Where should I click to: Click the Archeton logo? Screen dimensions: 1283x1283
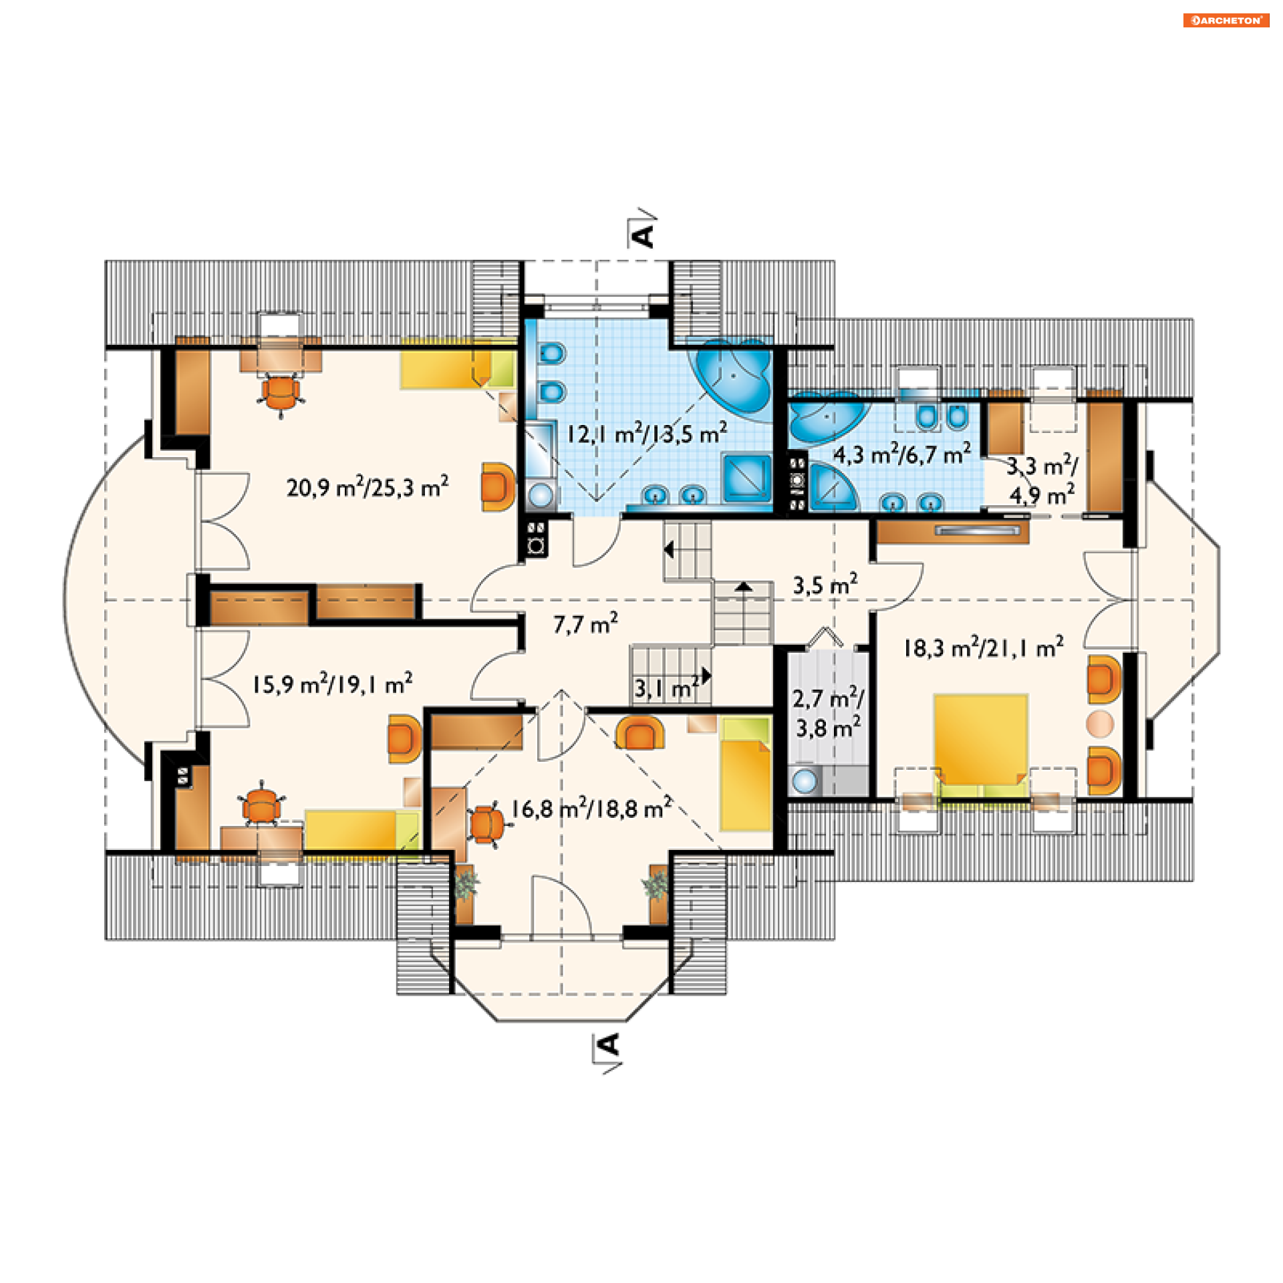click(1226, 21)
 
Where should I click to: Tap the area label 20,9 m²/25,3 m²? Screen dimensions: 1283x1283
click(368, 487)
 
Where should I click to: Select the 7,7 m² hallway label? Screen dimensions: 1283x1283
click(585, 623)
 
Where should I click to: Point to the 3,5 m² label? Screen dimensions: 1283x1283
click(825, 585)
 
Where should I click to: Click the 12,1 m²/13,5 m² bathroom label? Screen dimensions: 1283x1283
click(647, 434)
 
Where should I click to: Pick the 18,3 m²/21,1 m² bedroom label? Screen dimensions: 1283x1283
click(984, 648)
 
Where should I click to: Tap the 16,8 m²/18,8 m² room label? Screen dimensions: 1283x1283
click(591, 809)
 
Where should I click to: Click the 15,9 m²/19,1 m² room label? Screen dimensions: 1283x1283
click(332, 684)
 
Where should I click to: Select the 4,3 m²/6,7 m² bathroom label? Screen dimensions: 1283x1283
click(902, 454)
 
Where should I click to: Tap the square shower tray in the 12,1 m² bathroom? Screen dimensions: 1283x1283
click(747, 477)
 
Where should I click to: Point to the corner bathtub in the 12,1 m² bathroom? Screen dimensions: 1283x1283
click(734, 378)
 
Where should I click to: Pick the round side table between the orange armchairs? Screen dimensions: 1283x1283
click(1100, 724)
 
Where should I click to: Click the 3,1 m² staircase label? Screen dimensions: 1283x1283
click(667, 688)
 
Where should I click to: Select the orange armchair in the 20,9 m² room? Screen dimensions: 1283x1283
click(498, 487)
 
